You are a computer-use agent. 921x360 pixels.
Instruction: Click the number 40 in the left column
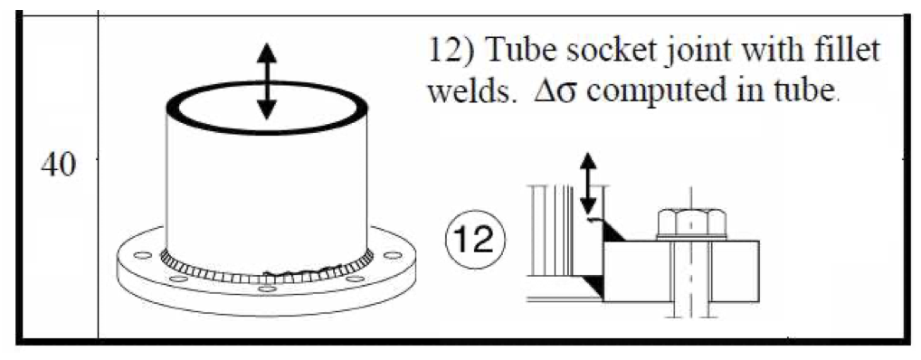[x=58, y=167]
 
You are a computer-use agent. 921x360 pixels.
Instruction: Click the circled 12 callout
[x=475, y=242]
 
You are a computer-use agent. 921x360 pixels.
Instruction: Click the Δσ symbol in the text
[x=536, y=92]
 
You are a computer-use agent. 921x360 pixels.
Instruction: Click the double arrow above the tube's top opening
[x=267, y=81]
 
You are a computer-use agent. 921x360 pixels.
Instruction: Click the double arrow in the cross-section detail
[x=589, y=183]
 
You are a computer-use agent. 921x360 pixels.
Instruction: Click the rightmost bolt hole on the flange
[x=393, y=255]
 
